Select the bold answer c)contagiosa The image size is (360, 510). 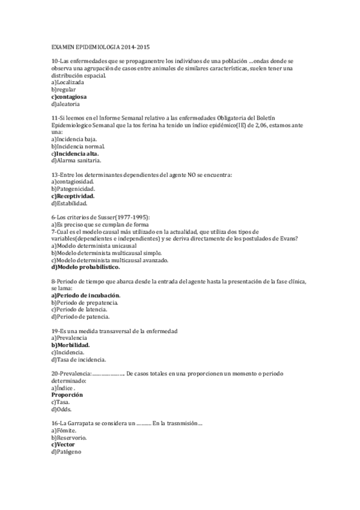[69, 96]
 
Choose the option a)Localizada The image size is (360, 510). [67, 82]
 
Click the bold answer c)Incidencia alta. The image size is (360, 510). [75, 153]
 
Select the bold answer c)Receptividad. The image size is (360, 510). [73, 196]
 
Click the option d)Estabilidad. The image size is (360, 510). [70, 203]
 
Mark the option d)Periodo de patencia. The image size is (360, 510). [81, 317]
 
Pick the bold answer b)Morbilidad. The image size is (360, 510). [70, 345]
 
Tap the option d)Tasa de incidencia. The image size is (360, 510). [79, 360]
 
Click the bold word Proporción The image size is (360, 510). [67, 395]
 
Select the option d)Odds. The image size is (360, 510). [62, 409]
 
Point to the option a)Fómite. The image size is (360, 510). [65, 430]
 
